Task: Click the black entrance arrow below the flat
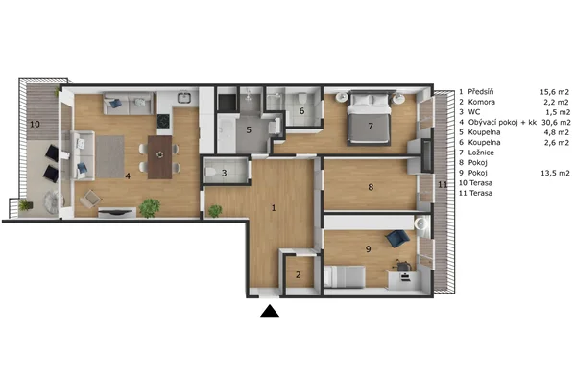(x=270, y=312)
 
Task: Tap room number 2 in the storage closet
(x=298, y=274)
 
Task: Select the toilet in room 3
(x=210, y=172)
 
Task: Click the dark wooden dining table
(x=159, y=157)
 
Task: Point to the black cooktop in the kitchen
(x=163, y=121)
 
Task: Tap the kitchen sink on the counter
(x=183, y=98)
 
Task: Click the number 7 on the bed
(x=371, y=126)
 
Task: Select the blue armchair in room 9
(x=397, y=238)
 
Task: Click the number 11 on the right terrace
(x=443, y=184)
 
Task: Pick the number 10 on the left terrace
(x=35, y=124)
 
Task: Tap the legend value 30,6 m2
(x=556, y=122)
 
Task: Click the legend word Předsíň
(x=481, y=92)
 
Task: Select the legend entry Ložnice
(x=481, y=153)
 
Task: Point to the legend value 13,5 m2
(x=555, y=173)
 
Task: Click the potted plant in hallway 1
(x=215, y=211)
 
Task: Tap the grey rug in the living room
(x=109, y=156)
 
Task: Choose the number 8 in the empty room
(x=371, y=187)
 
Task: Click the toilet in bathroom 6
(x=302, y=98)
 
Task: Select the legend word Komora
(x=482, y=102)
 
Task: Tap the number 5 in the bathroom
(x=249, y=129)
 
